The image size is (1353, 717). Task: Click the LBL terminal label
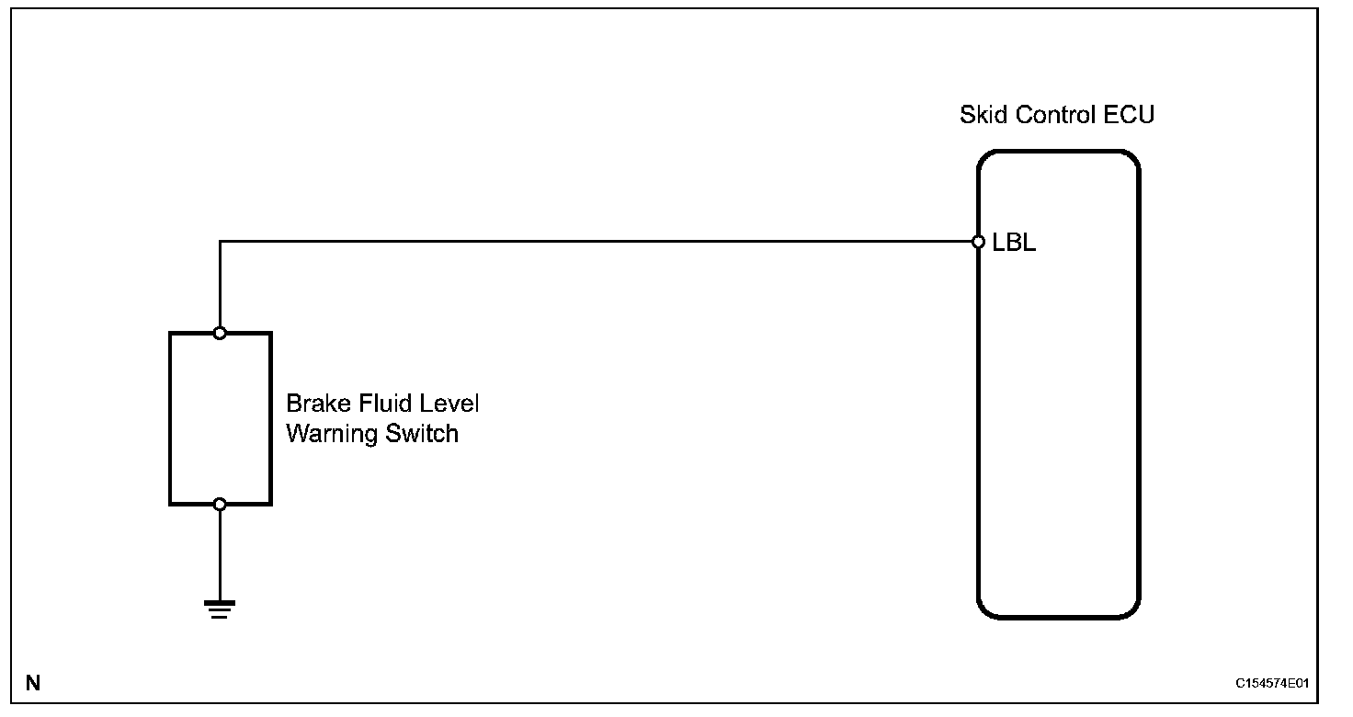pos(1014,244)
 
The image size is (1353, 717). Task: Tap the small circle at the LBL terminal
pos(979,243)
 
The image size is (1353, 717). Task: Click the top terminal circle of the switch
pos(220,333)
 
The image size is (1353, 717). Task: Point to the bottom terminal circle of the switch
pos(220,504)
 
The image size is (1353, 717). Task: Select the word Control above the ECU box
pos(1054,116)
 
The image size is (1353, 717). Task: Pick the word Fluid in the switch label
pos(378,404)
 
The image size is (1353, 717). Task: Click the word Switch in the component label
pos(422,433)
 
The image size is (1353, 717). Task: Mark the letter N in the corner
pos(33,683)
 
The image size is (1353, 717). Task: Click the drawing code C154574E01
pos(1272,685)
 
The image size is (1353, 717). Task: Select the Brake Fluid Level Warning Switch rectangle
pos(220,418)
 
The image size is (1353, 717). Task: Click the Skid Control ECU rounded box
pos(1058,414)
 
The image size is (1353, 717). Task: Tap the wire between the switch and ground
pos(220,552)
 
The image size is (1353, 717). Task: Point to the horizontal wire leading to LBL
pos(597,243)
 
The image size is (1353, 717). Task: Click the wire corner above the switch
pos(220,243)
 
